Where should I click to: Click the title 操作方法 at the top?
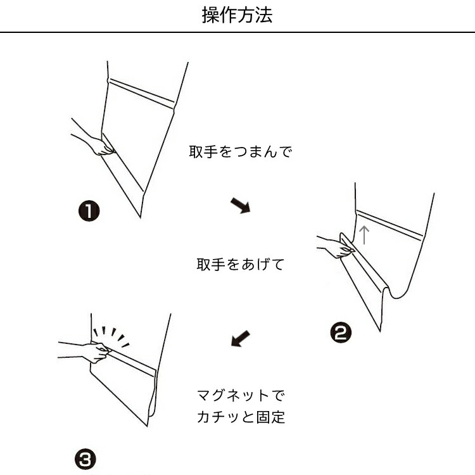pos(237,15)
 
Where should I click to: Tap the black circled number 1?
pos(89,211)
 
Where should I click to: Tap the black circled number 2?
pos(341,332)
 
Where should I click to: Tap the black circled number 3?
pos(85,459)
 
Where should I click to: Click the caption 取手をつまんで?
pos(241,151)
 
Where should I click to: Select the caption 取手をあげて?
pos(241,265)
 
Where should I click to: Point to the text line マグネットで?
pos(241,395)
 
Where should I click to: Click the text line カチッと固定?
pos(241,417)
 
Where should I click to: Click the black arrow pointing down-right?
pos(241,206)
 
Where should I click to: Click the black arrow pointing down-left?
pos(241,338)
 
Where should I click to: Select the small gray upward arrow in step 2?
pos(364,235)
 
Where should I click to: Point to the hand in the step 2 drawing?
pos(336,246)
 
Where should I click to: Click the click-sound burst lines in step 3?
pos(111,336)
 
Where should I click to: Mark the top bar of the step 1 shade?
pos(142,94)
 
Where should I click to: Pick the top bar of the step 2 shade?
pos(389,225)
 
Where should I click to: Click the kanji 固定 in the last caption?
pos(270,417)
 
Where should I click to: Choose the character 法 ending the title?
pos(264,15)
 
